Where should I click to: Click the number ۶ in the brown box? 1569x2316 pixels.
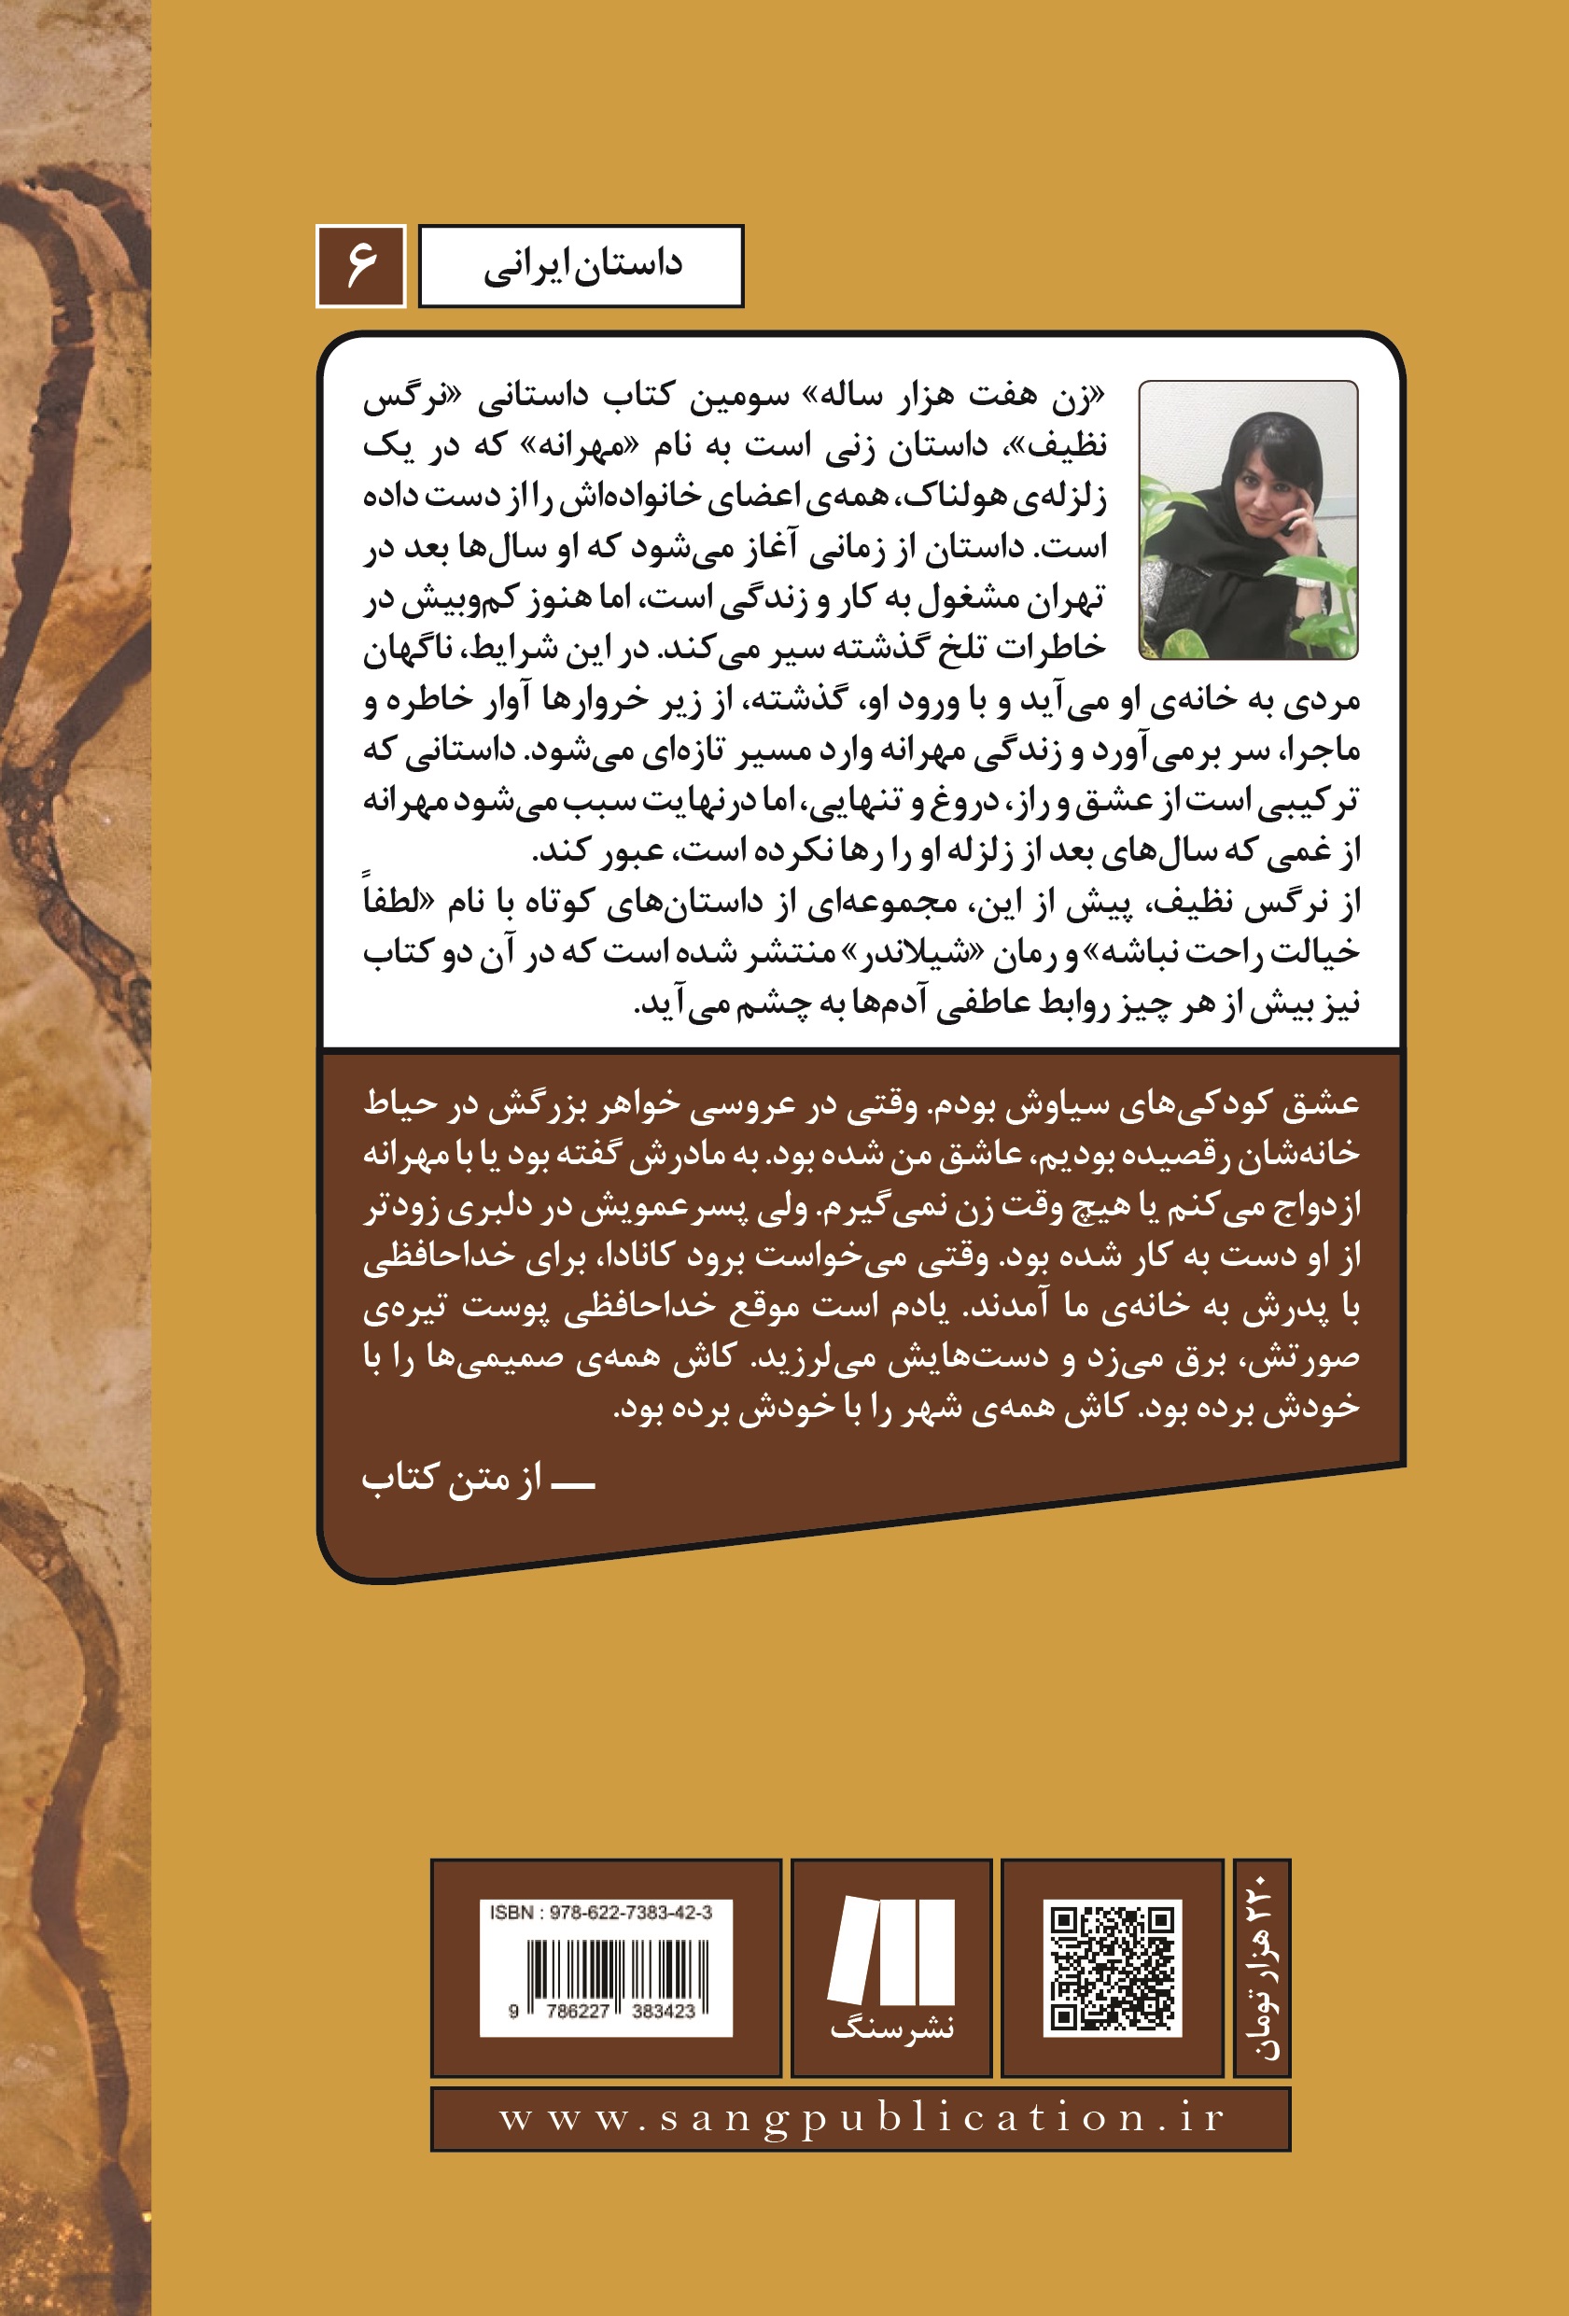(360, 266)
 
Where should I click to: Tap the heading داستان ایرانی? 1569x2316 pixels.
(581, 266)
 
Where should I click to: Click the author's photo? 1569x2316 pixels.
(1247, 519)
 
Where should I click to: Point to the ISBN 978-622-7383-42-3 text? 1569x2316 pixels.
(601, 1913)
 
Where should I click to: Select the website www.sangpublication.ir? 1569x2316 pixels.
(861, 2118)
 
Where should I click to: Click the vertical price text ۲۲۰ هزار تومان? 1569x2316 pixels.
(1261, 1967)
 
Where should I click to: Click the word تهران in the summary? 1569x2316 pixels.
(1066, 598)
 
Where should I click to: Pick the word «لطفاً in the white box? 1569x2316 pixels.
(394, 900)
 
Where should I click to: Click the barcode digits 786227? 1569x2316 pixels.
(577, 2011)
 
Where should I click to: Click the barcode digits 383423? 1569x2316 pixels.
(663, 2011)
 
